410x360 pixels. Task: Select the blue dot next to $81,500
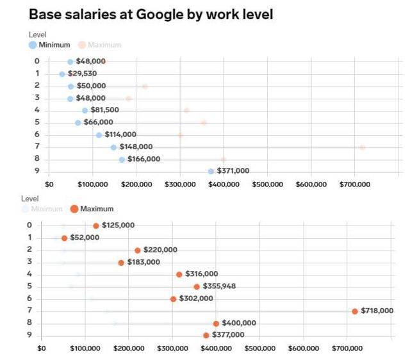(85, 110)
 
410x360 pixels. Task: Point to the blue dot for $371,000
(211, 171)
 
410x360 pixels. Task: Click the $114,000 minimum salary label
(120, 135)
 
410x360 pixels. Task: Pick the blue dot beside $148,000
(113, 147)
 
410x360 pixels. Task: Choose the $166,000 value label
(143, 159)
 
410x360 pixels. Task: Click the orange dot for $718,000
(354, 311)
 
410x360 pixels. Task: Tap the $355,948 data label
(219, 286)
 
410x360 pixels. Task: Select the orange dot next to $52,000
(64, 238)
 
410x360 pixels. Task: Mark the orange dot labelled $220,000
(138, 250)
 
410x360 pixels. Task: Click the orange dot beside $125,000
(96, 225)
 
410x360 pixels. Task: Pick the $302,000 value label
(197, 299)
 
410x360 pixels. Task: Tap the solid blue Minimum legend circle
(33, 45)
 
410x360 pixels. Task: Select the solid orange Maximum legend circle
(74, 209)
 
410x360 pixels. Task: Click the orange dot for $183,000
(121, 262)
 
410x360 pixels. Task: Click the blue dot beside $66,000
(78, 122)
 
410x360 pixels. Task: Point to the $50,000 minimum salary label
(91, 86)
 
